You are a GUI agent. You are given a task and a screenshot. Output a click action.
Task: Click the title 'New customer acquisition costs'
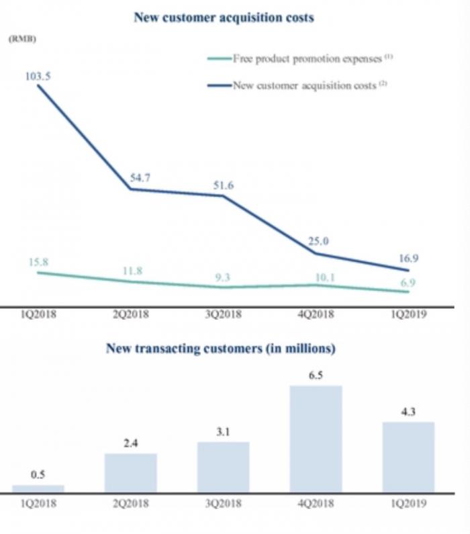[224, 18]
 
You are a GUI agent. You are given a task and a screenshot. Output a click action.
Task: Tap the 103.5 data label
[37, 77]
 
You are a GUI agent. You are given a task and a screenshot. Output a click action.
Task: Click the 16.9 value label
[408, 258]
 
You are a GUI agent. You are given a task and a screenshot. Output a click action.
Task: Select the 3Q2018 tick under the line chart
[224, 314]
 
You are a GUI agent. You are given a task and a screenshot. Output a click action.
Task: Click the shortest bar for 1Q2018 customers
[38, 489]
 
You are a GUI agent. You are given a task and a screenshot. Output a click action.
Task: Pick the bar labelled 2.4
[131, 473]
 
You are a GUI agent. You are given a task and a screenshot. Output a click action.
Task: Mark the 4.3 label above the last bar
[408, 412]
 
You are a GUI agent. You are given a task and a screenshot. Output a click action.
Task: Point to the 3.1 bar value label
[224, 432]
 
